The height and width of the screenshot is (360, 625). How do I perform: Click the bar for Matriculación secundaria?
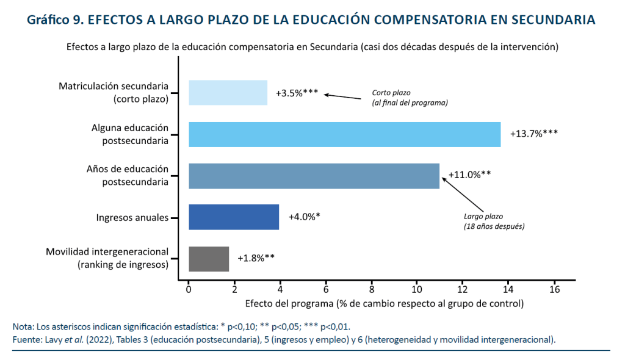point(228,93)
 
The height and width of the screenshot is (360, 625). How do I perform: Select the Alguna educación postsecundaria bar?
point(344,134)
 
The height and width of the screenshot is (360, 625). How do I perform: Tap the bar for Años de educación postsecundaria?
point(314,176)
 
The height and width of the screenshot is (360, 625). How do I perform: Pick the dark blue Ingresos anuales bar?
point(234,217)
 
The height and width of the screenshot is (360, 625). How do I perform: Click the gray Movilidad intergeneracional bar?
point(209,259)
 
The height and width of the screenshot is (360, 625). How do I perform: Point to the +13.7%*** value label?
point(534,134)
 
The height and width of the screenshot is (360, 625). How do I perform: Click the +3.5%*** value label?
point(297,93)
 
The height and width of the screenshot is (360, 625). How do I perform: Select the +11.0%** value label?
point(469,175)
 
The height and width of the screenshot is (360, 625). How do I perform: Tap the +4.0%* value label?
point(304,217)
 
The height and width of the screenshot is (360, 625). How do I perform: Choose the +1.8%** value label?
point(256,258)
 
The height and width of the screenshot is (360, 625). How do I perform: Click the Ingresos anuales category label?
point(132,217)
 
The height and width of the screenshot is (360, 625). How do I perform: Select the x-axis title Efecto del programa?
point(384,303)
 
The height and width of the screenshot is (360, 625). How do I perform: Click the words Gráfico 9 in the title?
point(54,20)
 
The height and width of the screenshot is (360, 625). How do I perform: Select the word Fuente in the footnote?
point(26,339)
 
